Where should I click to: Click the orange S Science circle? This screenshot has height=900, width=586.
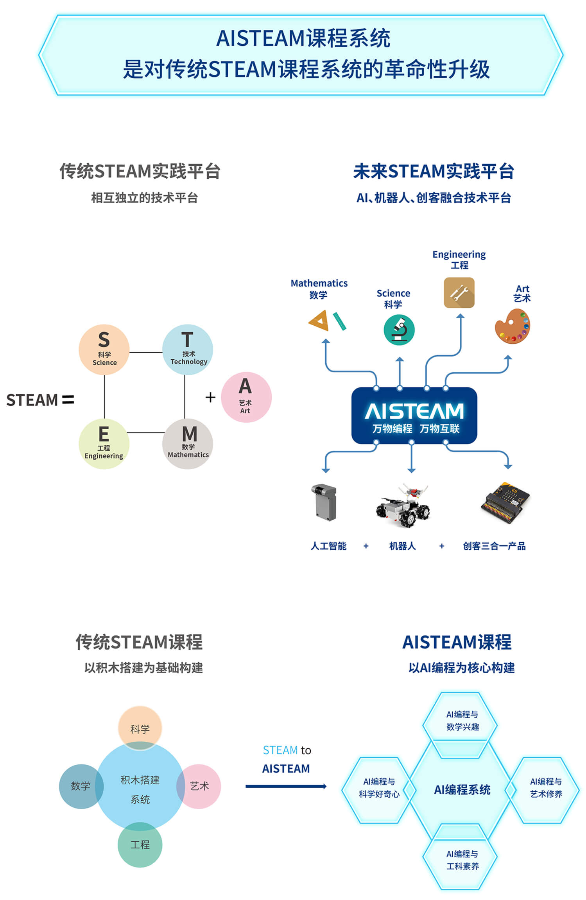pyautogui.click(x=104, y=349)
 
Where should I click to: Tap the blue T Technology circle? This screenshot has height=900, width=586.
pyautogui.click(x=188, y=349)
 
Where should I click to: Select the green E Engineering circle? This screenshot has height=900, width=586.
pyautogui.click(x=104, y=444)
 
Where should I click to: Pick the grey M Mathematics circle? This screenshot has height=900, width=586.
pyautogui.click(x=188, y=444)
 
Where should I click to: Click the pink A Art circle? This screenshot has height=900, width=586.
pyautogui.click(x=246, y=397)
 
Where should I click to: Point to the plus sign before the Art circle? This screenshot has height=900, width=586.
pyautogui.click(x=210, y=397)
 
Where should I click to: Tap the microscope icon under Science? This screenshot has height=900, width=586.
pyautogui.click(x=399, y=330)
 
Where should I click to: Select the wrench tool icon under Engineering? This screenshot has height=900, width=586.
pyautogui.click(x=459, y=292)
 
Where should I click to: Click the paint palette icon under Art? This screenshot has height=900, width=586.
pyautogui.click(x=513, y=326)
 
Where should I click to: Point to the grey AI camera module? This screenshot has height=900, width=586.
pyautogui.click(x=324, y=502)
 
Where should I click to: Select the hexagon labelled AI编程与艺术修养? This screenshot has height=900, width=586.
pyautogui.click(x=546, y=788)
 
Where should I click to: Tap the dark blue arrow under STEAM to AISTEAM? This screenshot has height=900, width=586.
pyautogui.click(x=286, y=786)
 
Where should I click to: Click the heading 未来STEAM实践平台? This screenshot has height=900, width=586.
pyautogui.click(x=434, y=171)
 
